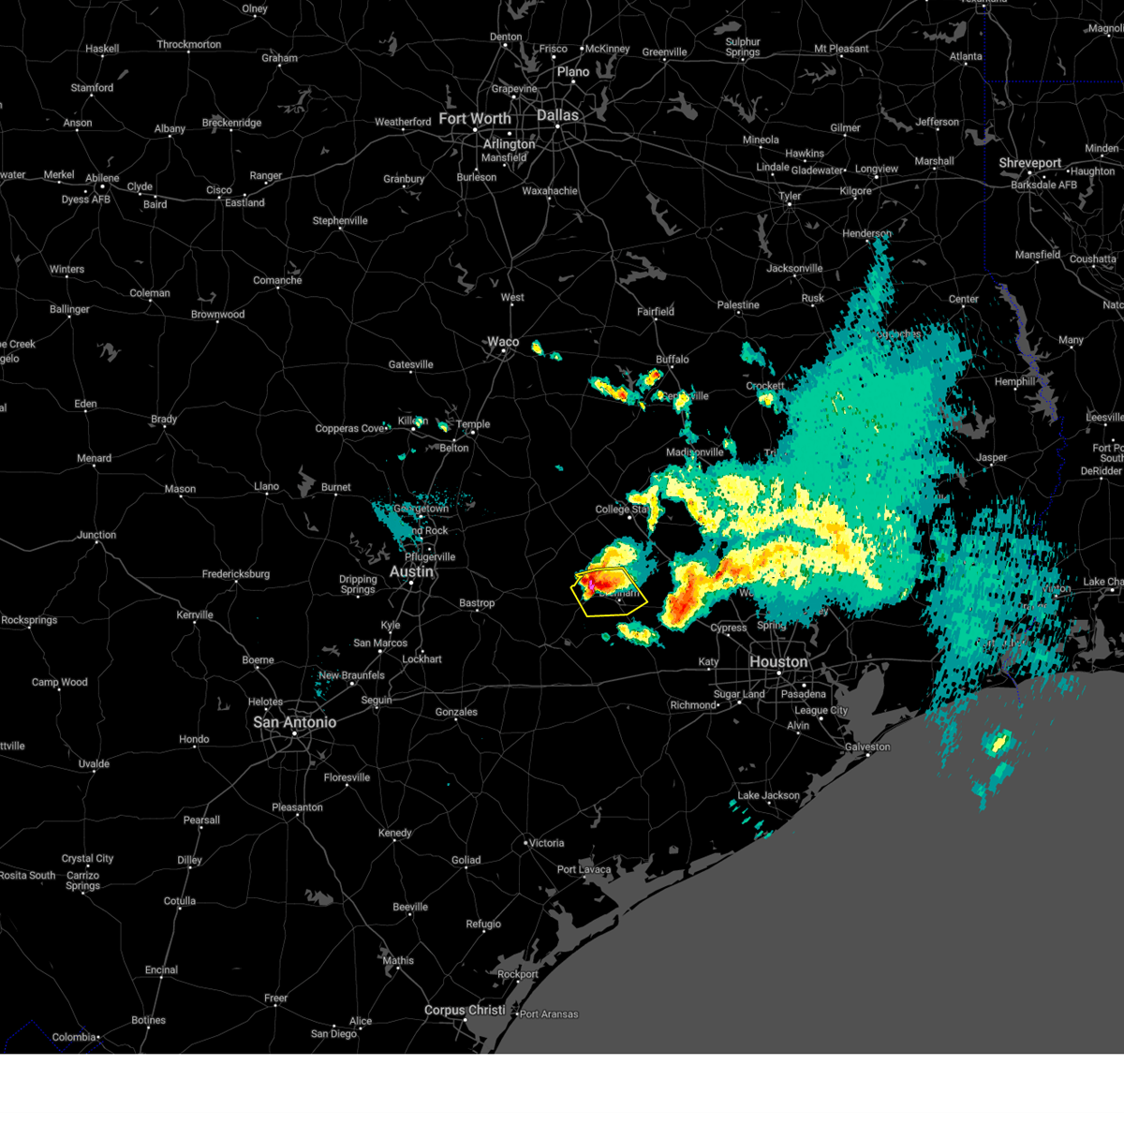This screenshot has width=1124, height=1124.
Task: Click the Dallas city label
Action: tap(557, 115)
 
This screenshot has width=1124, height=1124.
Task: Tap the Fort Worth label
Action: tap(475, 119)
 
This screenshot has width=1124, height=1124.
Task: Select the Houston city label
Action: tap(778, 662)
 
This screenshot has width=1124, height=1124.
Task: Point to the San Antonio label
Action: tap(295, 722)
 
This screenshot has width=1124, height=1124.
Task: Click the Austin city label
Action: tap(411, 571)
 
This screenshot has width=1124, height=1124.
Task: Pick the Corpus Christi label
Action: tap(465, 1011)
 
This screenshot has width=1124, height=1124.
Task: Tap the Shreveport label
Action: tap(1030, 163)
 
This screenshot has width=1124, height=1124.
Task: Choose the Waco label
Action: tap(503, 342)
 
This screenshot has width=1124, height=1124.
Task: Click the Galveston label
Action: tap(867, 747)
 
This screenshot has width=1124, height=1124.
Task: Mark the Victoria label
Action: tap(546, 843)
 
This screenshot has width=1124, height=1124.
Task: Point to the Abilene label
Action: tap(102, 178)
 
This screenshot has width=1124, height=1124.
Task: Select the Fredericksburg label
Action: tap(236, 574)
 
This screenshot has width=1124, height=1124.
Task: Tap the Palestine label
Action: tap(738, 305)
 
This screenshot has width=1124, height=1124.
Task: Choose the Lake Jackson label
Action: tap(769, 796)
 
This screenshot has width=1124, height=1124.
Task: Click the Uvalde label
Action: tap(94, 764)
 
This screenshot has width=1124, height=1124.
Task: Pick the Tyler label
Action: tap(790, 197)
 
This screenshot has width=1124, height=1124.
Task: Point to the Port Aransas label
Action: tap(549, 1014)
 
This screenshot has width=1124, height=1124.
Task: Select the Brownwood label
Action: tap(217, 315)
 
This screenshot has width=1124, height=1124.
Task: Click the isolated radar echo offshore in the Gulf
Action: tap(998, 745)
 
